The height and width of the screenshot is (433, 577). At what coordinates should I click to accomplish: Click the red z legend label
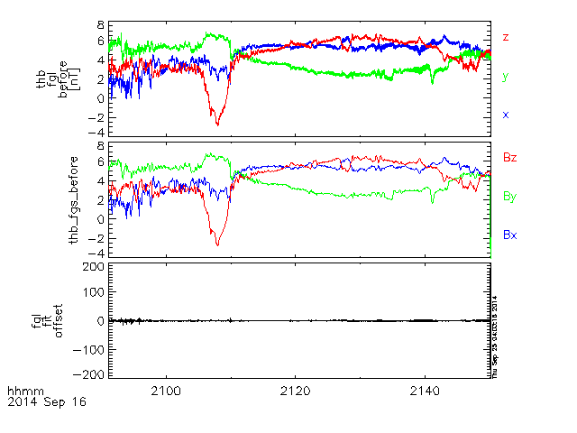click(506, 37)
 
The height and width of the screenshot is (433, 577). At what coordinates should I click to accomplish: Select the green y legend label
click(506, 77)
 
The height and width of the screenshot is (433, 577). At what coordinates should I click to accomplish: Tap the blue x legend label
click(506, 115)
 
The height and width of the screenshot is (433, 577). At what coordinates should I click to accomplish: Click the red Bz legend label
click(509, 157)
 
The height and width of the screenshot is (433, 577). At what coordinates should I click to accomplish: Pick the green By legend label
click(509, 196)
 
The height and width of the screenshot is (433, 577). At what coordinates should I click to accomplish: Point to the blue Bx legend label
click(509, 235)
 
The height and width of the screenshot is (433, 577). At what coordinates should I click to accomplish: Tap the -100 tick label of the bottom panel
click(89, 347)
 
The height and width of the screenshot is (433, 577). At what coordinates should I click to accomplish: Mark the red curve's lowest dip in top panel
click(217, 124)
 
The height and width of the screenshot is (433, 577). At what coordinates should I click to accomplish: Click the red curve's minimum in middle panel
click(217, 244)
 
